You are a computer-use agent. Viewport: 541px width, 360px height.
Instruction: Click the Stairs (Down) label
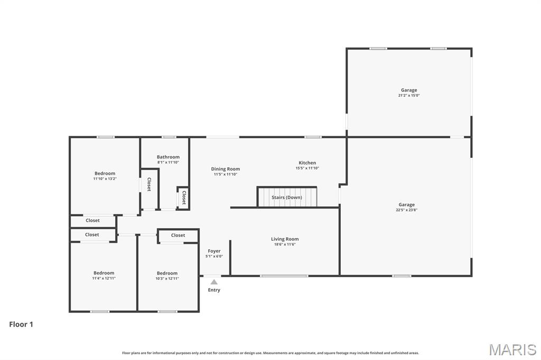(287, 197)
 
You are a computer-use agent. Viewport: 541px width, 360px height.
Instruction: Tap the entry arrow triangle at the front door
(214, 282)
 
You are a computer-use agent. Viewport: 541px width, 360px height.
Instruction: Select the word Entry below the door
(214, 290)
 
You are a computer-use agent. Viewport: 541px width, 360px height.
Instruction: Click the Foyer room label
(214, 251)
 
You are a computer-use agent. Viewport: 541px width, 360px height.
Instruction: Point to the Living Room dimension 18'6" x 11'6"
(285, 245)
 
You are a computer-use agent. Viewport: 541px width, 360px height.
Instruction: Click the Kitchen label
(307, 163)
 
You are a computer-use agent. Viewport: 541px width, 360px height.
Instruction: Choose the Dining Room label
(226, 169)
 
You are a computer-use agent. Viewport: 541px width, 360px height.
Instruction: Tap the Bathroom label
(168, 157)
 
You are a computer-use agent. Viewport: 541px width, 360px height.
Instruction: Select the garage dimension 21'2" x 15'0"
(408, 96)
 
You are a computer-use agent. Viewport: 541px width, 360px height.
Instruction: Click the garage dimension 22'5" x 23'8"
(406, 210)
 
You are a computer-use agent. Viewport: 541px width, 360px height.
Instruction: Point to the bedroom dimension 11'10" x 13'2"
(105, 179)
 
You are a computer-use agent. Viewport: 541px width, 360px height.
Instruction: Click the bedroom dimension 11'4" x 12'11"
(104, 278)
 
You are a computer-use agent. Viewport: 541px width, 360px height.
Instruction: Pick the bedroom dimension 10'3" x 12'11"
(167, 279)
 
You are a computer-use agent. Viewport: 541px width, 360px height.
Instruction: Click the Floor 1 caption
(21, 325)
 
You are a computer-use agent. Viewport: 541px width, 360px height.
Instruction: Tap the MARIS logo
(512, 349)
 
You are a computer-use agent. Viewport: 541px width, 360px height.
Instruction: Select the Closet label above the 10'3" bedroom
(178, 235)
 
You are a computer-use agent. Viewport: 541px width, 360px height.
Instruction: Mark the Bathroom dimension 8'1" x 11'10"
(168, 163)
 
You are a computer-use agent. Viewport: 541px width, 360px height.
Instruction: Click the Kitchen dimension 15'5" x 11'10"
(307, 168)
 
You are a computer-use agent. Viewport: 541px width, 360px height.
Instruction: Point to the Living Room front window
(284, 276)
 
